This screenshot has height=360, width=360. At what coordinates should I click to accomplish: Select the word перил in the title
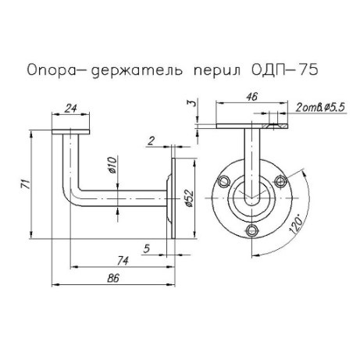coord(215,70)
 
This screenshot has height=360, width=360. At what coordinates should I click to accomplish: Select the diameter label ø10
coord(112,167)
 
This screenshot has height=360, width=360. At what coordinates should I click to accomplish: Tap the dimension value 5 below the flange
coord(148,249)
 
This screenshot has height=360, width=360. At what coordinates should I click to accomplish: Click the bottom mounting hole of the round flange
coord(251,230)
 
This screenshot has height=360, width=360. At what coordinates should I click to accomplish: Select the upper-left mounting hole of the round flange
coord(225,181)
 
